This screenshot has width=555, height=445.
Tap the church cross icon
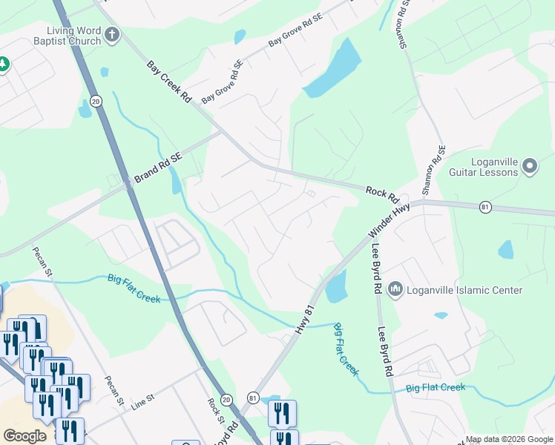[x=112, y=34]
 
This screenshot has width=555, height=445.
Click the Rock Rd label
[x=382, y=196]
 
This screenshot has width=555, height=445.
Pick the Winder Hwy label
[x=390, y=222]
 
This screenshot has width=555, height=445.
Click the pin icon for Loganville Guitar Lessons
[x=529, y=166]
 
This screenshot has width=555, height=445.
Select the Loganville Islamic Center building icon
[x=395, y=288]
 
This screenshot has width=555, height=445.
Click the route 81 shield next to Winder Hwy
[x=485, y=206]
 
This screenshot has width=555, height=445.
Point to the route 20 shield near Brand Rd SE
[x=96, y=100]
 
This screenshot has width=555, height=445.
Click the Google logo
[x=24, y=436]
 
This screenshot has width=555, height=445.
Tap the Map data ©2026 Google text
[x=509, y=439]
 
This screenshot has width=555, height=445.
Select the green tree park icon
[x=3, y=64]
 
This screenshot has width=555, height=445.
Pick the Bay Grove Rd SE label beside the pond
[x=296, y=30]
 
